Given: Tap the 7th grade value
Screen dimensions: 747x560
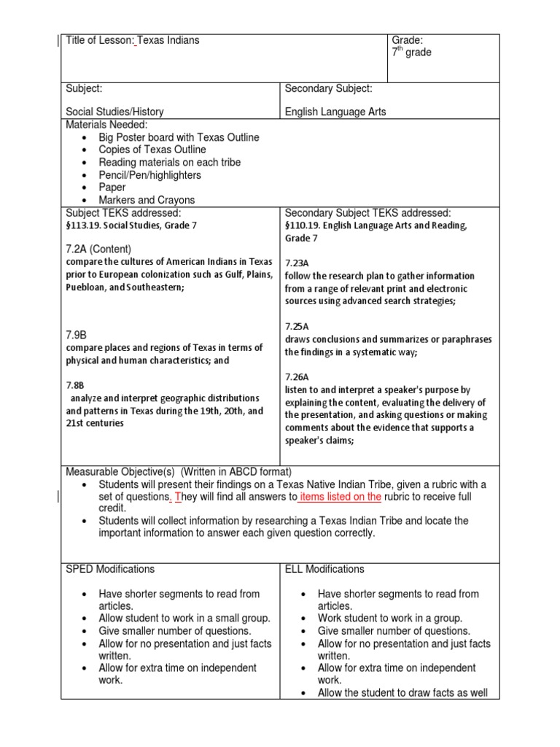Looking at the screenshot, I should click(411, 53).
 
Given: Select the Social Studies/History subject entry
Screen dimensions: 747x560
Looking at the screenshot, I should click(114, 112).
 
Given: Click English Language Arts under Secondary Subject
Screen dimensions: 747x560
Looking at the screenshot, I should click(335, 112).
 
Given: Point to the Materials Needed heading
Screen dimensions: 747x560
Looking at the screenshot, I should click(106, 125).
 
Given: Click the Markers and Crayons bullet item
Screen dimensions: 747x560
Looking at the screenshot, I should click(147, 200).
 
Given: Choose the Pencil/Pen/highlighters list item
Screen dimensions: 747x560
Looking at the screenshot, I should click(150, 175).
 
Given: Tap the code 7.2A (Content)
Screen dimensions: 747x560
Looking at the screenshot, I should click(98, 249).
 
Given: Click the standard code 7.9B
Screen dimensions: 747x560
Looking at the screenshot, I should click(77, 334).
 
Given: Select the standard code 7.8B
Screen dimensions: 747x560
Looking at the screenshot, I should click(75, 384).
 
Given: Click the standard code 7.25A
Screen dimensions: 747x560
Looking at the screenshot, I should click(297, 327).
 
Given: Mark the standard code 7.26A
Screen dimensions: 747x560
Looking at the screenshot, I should click(297, 376).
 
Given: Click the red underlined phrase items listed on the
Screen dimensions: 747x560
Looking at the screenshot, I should click(341, 497).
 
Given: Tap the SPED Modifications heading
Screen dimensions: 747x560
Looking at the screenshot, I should click(110, 569).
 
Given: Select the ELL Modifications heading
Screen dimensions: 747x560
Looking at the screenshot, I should click(324, 569).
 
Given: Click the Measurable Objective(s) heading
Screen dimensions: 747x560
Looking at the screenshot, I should click(121, 472).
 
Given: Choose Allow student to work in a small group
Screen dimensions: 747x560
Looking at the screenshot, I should click(184, 619).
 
